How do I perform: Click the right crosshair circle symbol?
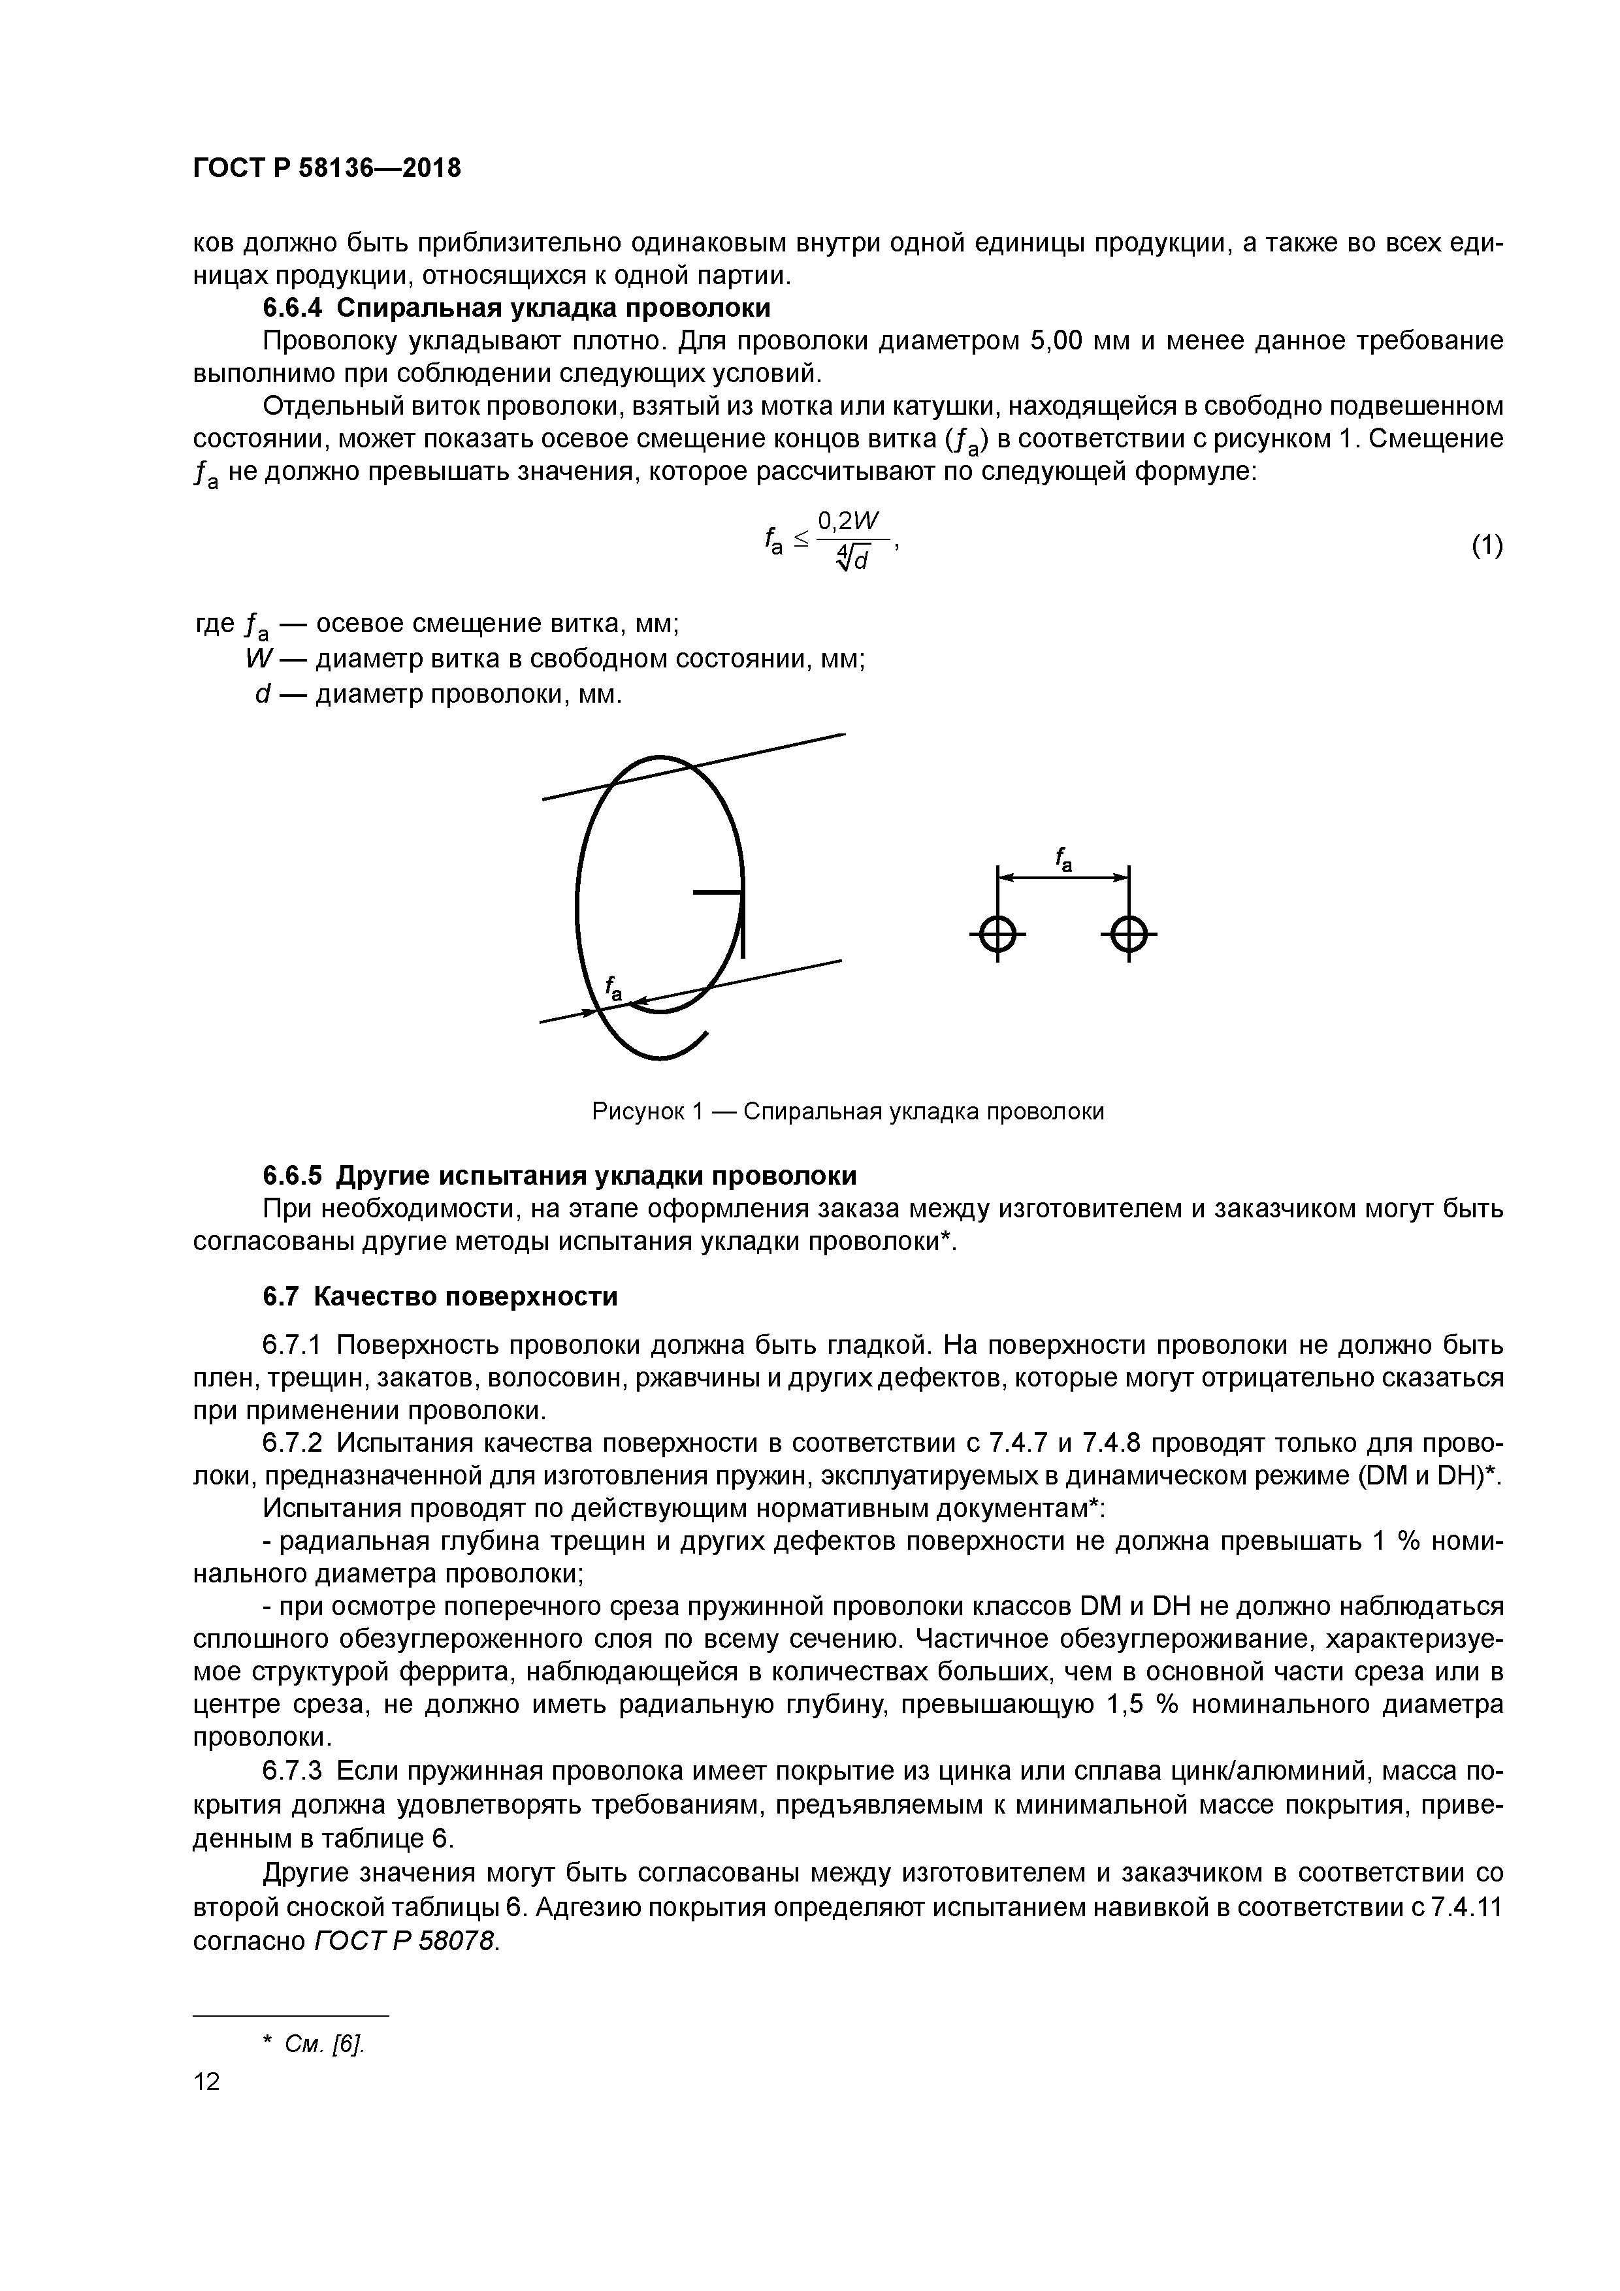pos(1128,935)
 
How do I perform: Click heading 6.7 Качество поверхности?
pos(439,1296)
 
